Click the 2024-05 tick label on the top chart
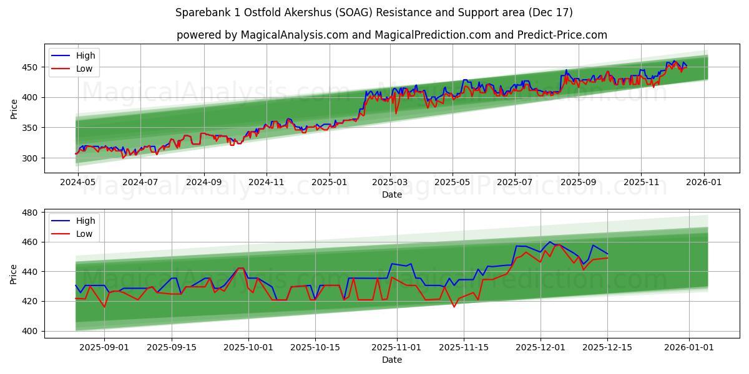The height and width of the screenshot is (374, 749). point(77,183)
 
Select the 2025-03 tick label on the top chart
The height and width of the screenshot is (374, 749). point(390,183)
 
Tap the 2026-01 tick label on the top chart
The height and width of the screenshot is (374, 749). point(704,183)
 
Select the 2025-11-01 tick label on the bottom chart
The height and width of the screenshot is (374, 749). point(397,347)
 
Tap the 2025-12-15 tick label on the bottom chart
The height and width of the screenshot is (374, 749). point(607,347)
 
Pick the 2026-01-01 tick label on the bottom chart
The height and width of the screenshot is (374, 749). point(689,347)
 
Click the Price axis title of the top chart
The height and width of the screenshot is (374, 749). point(14,108)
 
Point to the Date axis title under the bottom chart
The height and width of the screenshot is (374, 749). point(392,360)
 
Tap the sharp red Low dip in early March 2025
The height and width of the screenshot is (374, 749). point(396,113)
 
